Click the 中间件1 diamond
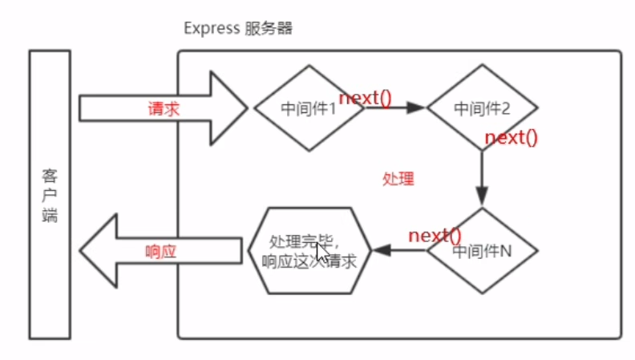308,108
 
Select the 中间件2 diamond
482,108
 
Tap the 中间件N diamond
482,250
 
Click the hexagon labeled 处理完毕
308,250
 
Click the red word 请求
163,108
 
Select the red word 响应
160,250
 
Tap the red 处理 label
398,178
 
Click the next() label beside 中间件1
365,98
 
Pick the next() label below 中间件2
511,136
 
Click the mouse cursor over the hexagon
322,251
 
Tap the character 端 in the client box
50,215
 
